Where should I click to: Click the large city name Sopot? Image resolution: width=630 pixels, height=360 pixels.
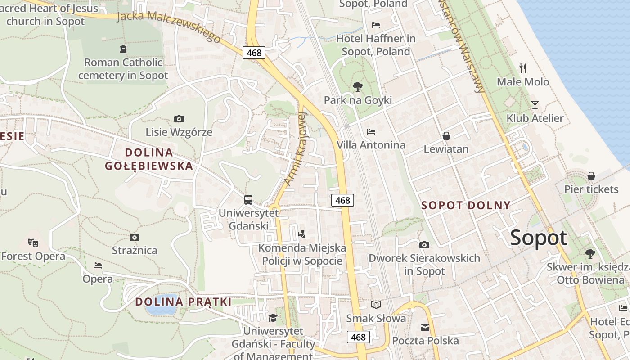[x=539, y=238]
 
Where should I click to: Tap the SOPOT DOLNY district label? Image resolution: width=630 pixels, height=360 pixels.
[x=466, y=206]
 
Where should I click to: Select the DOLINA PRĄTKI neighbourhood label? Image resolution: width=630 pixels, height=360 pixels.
[x=183, y=301]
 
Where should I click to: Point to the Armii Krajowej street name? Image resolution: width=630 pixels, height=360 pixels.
[x=295, y=148]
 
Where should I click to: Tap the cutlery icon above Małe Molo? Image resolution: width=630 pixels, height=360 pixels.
[x=523, y=68]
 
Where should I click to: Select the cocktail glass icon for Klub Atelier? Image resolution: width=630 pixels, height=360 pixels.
[x=535, y=105]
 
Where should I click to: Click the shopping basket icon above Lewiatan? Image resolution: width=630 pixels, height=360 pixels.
[x=446, y=135]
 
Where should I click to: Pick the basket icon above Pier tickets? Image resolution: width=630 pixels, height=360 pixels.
[x=591, y=175]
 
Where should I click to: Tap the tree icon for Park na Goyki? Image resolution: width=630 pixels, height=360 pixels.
[x=358, y=86]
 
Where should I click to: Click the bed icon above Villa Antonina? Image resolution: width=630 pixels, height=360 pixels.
[x=371, y=132]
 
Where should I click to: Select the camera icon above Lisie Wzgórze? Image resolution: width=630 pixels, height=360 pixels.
[x=179, y=119]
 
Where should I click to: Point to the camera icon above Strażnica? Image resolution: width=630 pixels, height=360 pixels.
[x=134, y=237]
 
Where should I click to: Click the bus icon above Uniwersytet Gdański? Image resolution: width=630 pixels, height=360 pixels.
[x=248, y=199]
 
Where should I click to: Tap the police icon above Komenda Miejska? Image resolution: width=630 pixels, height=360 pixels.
[x=302, y=234]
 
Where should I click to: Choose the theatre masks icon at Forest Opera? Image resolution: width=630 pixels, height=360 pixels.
[x=33, y=243]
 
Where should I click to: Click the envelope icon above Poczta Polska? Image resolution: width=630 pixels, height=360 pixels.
[x=425, y=327]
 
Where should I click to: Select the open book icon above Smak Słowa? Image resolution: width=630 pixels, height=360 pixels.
[x=376, y=305]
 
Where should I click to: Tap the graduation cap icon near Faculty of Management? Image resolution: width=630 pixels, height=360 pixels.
[x=273, y=318]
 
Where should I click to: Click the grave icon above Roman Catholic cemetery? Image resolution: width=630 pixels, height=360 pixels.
[x=123, y=49]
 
